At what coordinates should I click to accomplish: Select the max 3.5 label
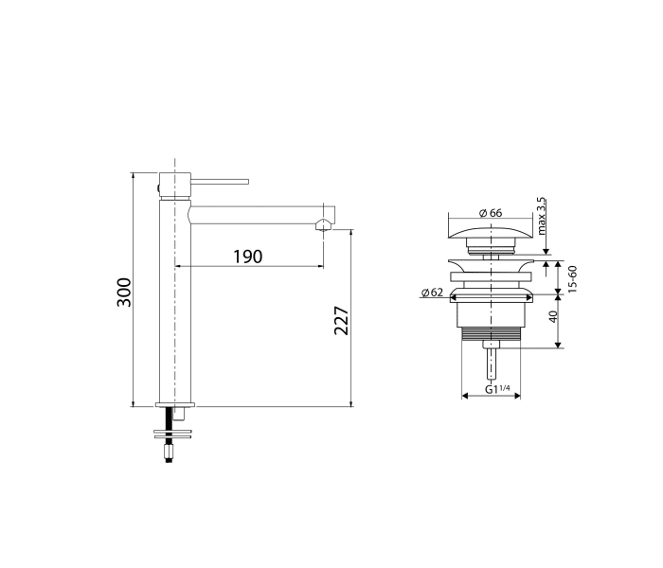542,217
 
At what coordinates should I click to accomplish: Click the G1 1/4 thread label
496,389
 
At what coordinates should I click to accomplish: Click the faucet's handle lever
220,180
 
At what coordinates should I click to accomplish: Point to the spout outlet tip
324,224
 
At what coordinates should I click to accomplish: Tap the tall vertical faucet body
175,303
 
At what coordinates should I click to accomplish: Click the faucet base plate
175,404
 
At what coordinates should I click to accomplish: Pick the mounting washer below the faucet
174,434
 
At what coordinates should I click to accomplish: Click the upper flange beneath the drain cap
491,260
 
